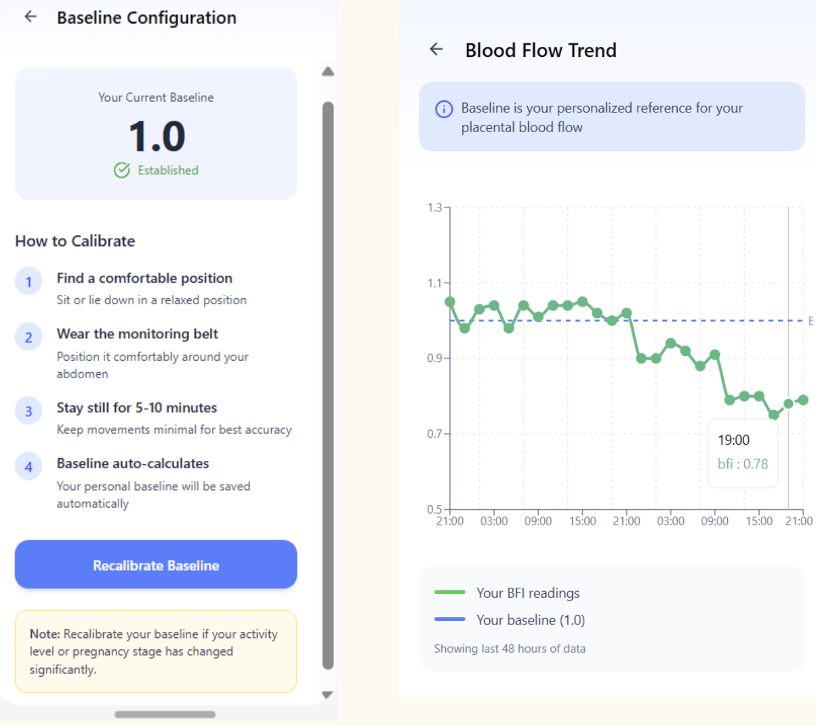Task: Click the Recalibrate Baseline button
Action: point(156,565)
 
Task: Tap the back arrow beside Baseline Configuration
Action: point(30,17)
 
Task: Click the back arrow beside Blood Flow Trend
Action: point(436,49)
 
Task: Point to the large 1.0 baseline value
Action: point(157,136)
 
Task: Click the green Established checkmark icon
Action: point(122,170)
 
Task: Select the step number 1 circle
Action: point(28,282)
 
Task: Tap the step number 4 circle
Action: point(28,467)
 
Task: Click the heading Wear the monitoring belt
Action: point(138,334)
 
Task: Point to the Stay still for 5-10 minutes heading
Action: point(137,407)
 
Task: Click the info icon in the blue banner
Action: point(444,109)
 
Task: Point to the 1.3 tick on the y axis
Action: point(435,207)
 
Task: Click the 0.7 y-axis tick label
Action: point(435,434)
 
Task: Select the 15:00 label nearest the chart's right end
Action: point(759,521)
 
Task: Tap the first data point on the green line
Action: point(450,302)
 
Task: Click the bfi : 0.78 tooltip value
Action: point(743,464)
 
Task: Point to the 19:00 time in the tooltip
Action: point(734,440)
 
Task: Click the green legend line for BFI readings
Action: point(450,592)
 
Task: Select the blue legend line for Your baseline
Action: point(450,620)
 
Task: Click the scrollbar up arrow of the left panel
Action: point(328,72)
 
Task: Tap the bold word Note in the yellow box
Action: point(45,634)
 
